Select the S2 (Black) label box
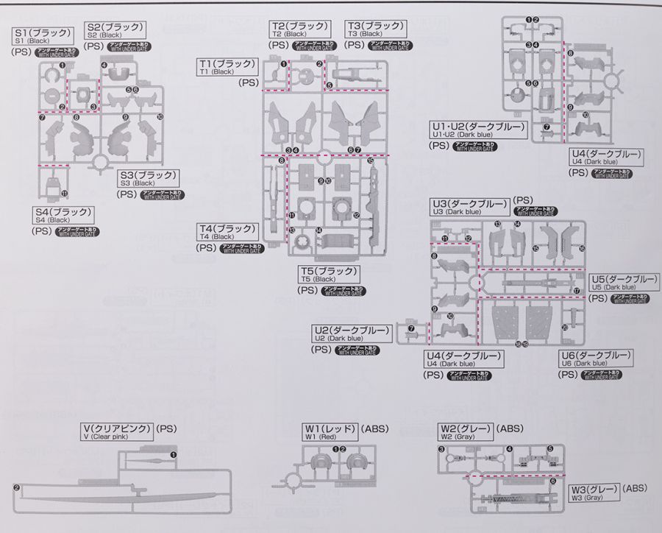pos(115,29)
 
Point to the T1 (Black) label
pos(227,67)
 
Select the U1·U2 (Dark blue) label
pos(478,130)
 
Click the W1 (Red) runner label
pos(330,431)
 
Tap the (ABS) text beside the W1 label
pos(375,428)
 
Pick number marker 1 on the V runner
pos(174,456)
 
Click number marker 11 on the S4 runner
pos(64,194)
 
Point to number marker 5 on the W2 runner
pos(550,449)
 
